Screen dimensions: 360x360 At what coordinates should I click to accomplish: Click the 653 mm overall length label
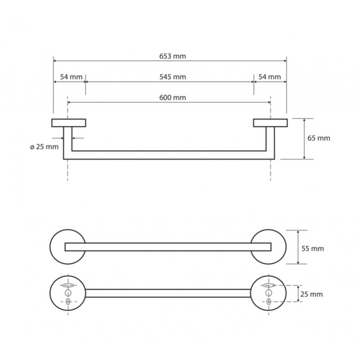tap(172, 56)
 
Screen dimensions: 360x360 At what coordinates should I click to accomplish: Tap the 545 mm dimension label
tap(173, 77)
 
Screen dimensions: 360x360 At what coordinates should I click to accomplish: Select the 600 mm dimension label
tap(173, 98)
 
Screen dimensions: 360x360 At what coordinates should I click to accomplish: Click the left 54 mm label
tap(71, 77)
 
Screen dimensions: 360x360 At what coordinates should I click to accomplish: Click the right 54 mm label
tap(270, 77)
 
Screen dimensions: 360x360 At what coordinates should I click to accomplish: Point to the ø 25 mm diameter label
tap(44, 147)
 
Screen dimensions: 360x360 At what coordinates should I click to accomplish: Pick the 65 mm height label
tap(319, 138)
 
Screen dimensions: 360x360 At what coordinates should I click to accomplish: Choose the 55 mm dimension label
tap(312, 249)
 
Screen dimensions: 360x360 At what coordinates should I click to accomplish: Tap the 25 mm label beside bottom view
tap(311, 294)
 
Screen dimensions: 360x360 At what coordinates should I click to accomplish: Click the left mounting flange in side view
tap(69, 123)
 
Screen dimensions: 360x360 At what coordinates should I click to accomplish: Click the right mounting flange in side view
tap(270, 123)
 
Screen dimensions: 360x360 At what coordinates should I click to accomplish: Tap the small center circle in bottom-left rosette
tap(68, 293)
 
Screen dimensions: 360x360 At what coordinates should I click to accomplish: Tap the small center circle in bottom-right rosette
tap(269, 293)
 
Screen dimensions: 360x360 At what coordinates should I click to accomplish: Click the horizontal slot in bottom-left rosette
tap(68, 285)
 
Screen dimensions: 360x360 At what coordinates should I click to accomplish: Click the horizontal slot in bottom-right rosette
tap(269, 285)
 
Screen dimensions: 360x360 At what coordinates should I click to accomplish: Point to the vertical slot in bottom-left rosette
tap(68, 301)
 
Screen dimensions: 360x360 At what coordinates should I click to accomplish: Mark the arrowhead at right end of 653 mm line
tap(285, 61)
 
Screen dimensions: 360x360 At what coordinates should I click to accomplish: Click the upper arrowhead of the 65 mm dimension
tap(304, 120)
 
